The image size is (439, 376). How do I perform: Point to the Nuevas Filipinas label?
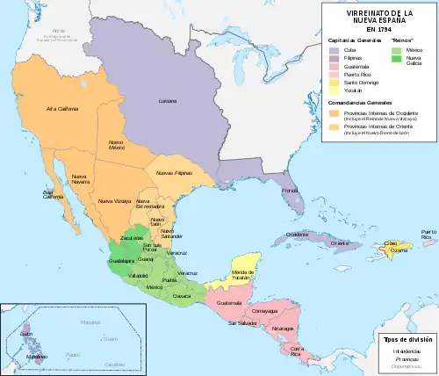coord(173,173)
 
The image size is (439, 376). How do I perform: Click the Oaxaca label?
coord(183,296)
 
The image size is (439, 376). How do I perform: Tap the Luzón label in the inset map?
coord(26,334)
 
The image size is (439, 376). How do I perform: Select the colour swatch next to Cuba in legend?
coord(334,50)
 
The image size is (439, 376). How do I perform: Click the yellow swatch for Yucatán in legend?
coord(334,90)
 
